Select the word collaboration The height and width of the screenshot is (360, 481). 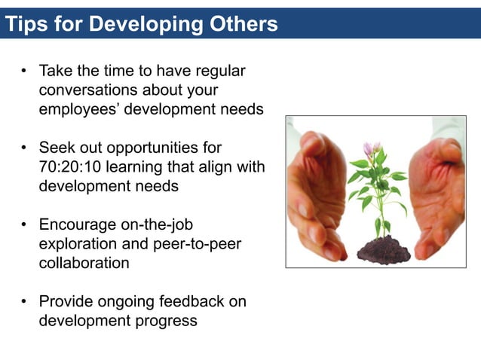pos(84,264)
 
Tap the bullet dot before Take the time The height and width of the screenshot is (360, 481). pos(24,72)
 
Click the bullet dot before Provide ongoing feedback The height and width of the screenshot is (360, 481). pos(24,302)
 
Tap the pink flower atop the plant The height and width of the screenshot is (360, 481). pos(372,148)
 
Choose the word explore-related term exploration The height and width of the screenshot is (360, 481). pos(76,244)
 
